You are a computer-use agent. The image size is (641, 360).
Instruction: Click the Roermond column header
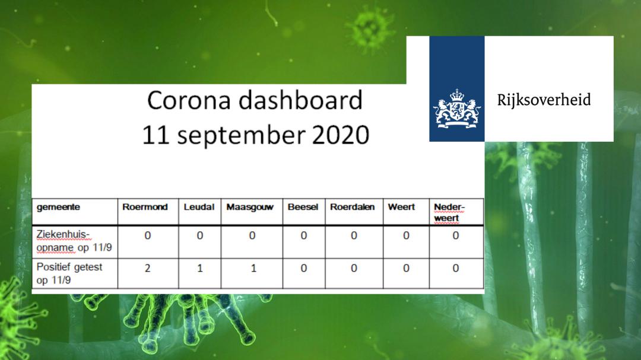[145, 207]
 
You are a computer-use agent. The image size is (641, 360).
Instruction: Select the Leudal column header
[199, 207]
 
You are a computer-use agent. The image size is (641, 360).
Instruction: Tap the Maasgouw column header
[250, 207]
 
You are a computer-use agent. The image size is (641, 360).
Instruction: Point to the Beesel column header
[303, 207]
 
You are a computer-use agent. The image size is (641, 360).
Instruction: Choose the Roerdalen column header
[352, 207]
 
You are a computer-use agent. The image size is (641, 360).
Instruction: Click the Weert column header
[401, 207]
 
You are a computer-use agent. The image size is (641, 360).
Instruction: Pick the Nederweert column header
[449, 212]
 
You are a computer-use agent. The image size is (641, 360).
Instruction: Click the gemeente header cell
[58, 207]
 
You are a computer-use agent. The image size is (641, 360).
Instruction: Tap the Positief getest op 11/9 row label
[69, 273]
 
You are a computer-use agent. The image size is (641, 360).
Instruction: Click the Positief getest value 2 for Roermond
[148, 268]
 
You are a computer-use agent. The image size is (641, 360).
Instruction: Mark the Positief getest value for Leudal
[200, 268]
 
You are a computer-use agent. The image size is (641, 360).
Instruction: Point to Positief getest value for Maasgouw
[253, 268]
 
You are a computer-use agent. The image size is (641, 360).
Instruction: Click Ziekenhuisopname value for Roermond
[148, 235]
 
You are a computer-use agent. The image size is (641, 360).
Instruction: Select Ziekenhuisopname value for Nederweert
[455, 235]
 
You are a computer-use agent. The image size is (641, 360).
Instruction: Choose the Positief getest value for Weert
[406, 268]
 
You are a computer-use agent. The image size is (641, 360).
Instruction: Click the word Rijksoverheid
[544, 100]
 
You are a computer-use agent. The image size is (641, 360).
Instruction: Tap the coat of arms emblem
[456, 109]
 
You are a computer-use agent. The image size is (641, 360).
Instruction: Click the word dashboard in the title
[300, 100]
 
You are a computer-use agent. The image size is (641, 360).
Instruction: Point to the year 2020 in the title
[341, 135]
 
